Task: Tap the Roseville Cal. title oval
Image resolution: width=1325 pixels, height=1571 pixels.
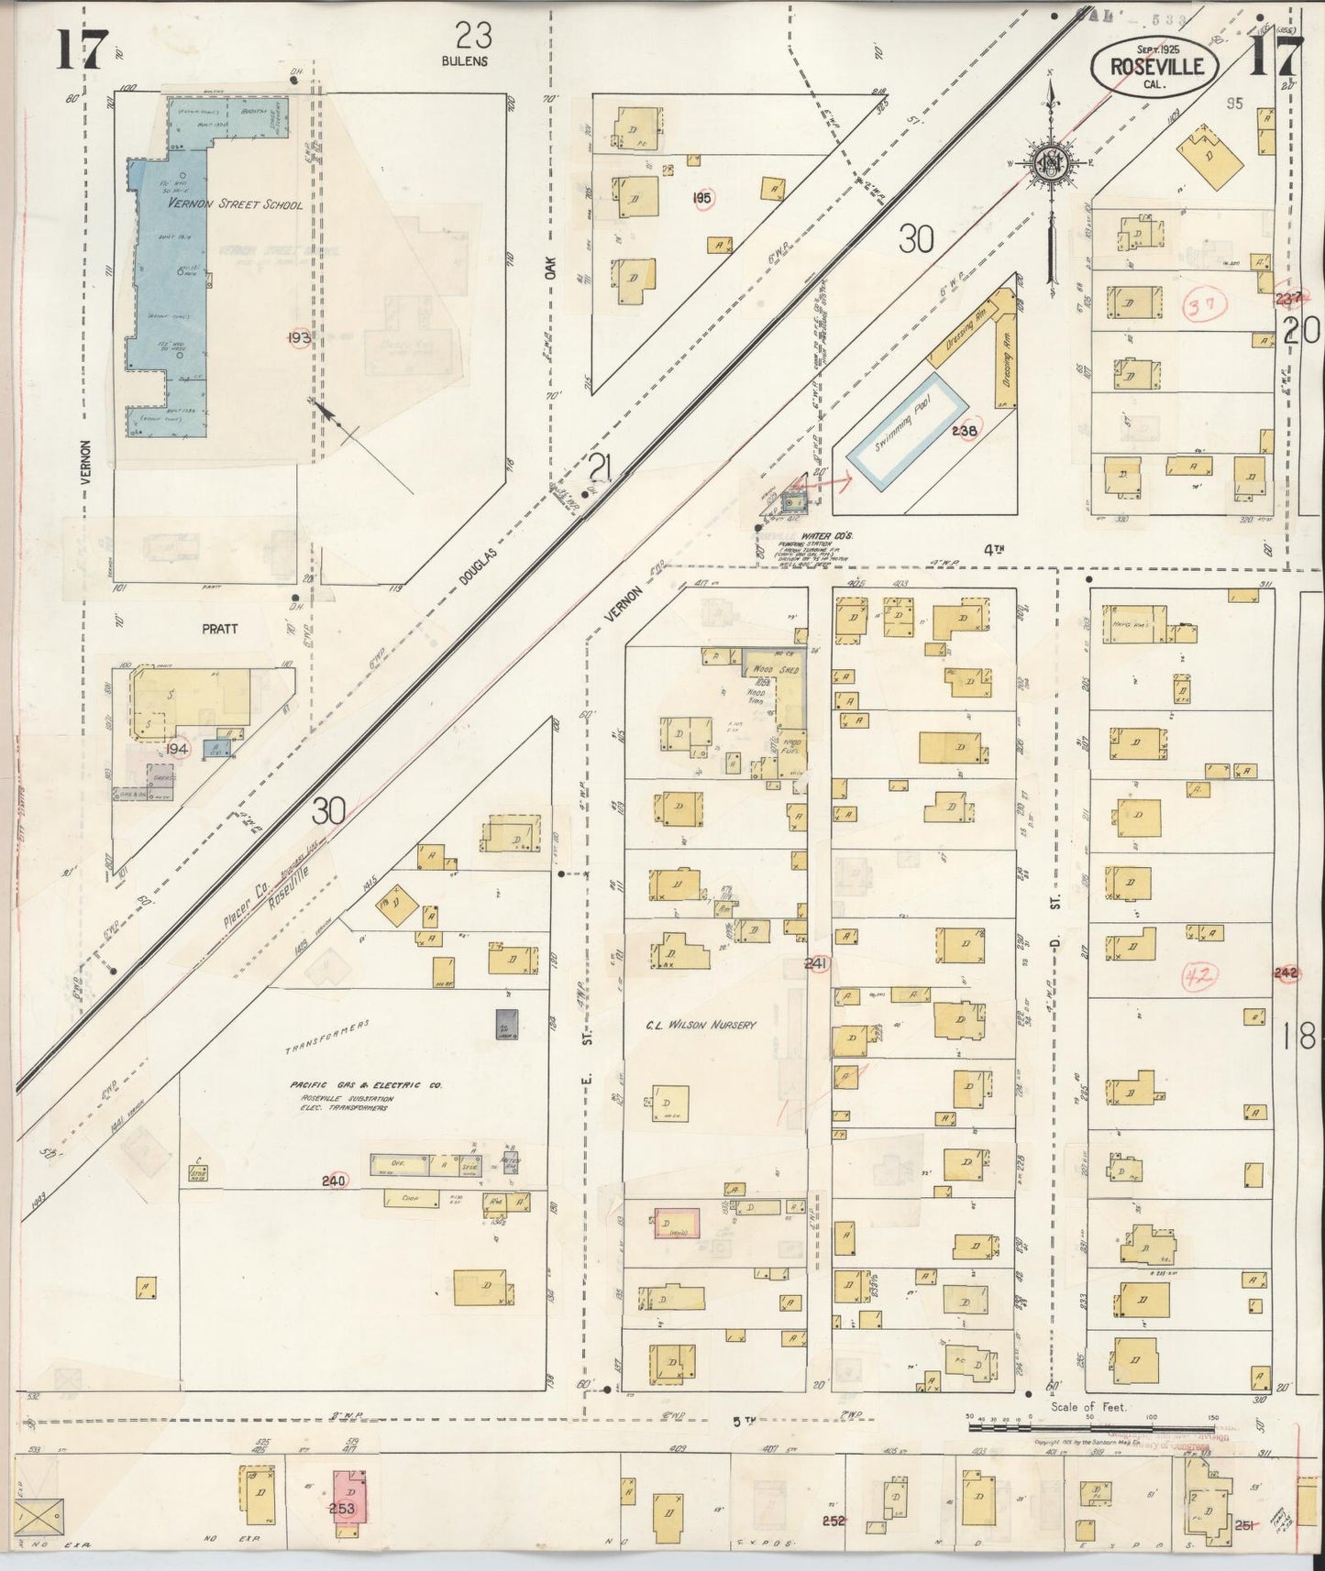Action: pyautogui.click(x=1154, y=66)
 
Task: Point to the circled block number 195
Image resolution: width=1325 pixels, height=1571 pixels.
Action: pyautogui.click(x=703, y=197)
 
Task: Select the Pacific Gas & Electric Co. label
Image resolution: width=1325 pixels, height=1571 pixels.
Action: pyautogui.click(x=366, y=1085)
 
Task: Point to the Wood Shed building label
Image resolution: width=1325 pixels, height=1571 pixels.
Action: pyautogui.click(x=776, y=670)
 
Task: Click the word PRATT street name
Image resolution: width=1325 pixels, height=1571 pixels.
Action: pyautogui.click(x=219, y=629)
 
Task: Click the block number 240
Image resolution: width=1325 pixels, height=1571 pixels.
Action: pyautogui.click(x=333, y=1181)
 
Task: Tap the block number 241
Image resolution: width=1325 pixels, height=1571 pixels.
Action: pyautogui.click(x=816, y=963)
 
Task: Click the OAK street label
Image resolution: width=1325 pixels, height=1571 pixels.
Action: pyautogui.click(x=551, y=268)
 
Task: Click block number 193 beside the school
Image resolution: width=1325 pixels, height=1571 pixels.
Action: pyautogui.click(x=298, y=337)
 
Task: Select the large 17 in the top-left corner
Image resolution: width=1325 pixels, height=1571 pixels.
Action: pyautogui.click(x=82, y=49)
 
